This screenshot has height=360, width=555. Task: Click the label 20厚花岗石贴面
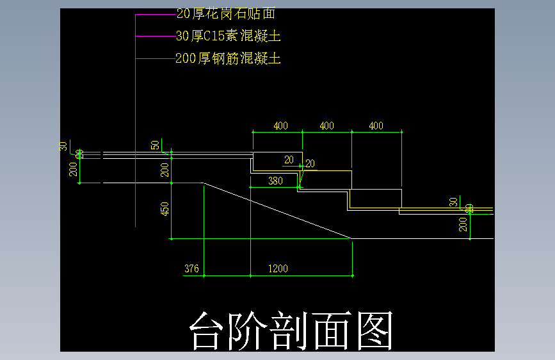click(x=225, y=13)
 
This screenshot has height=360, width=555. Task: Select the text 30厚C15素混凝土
click(x=228, y=36)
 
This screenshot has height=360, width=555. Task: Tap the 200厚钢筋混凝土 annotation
click(x=228, y=59)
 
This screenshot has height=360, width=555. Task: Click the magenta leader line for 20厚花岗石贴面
click(x=156, y=13)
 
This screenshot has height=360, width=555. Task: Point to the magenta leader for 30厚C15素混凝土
click(x=156, y=37)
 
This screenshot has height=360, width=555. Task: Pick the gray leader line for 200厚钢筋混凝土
click(x=156, y=59)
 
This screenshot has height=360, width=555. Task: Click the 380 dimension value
click(x=275, y=181)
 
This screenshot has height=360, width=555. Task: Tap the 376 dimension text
click(x=191, y=268)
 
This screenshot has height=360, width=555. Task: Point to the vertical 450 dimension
click(x=165, y=209)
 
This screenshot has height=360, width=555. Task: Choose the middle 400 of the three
click(x=326, y=126)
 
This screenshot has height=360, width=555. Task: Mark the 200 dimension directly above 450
click(x=165, y=170)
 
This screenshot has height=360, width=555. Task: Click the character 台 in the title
click(x=209, y=331)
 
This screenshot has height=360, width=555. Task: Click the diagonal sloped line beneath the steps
click(x=278, y=211)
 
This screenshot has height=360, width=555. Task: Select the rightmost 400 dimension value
click(x=376, y=126)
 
